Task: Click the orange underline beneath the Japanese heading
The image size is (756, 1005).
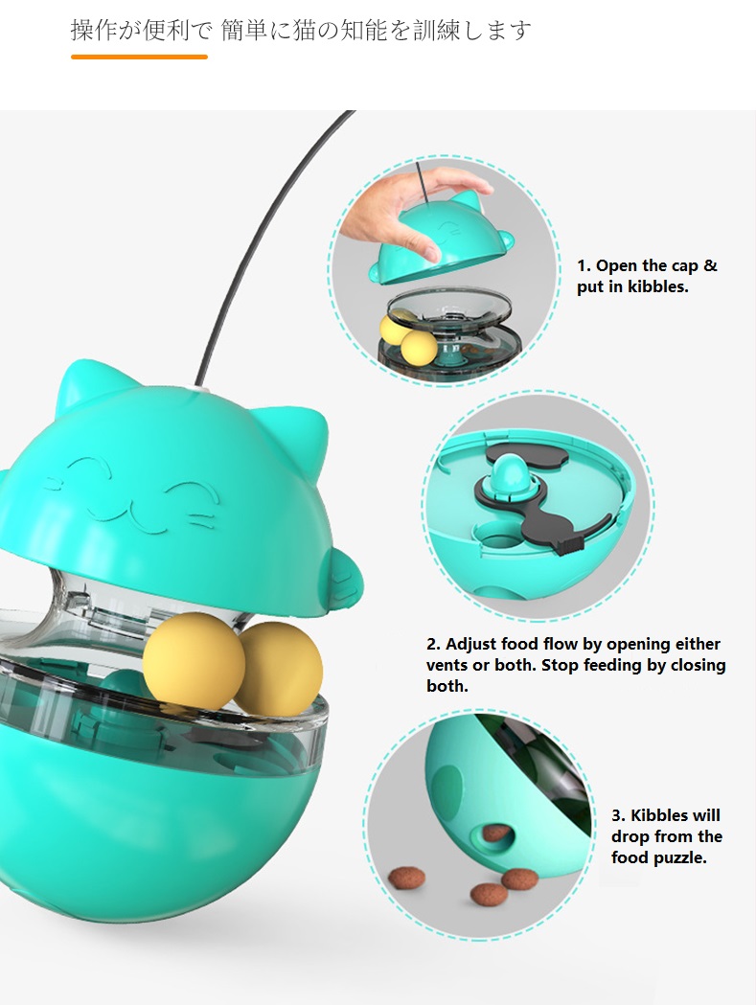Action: [x=139, y=57]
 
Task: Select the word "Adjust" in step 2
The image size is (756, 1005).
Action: [x=478, y=644]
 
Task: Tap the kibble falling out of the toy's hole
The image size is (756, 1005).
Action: [x=495, y=833]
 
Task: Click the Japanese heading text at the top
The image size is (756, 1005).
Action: [x=301, y=30]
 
